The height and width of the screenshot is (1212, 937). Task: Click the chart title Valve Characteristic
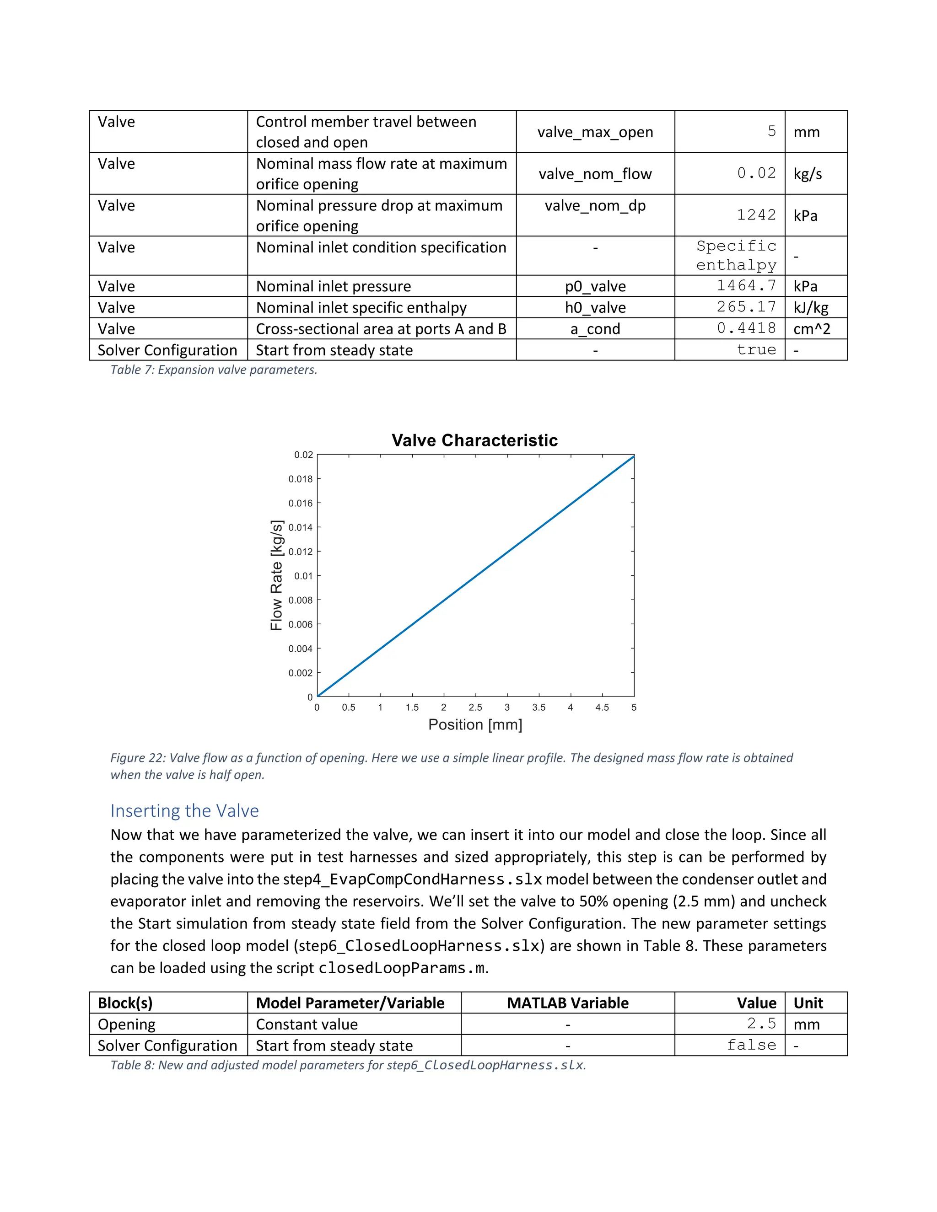click(x=474, y=440)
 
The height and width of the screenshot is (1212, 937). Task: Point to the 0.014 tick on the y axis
click(x=300, y=527)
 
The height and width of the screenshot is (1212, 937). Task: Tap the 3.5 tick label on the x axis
click(x=539, y=708)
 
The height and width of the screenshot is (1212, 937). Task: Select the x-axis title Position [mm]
click(x=475, y=725)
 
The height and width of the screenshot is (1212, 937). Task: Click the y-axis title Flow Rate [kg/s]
click(x=276, y=575)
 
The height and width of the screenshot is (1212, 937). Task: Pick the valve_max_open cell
click(x=595, y=132)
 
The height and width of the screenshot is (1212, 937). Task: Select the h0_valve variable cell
click(x=595, y=307)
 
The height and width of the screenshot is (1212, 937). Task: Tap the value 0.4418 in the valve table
click(x=746, y=328)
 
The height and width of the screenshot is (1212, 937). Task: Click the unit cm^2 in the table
click(x=812, y=329)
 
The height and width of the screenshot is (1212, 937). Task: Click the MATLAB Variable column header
click(x=567, y=1003)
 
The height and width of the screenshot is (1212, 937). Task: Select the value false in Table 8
click(x=752, y=1045)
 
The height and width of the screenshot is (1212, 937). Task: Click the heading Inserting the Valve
click(x=184, y=811)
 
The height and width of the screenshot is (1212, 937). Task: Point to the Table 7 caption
click(x=214, y=370)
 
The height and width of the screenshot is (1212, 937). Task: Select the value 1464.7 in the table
click(x=746, y=286)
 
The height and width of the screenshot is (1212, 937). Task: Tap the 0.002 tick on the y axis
click(x=300, y=673)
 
